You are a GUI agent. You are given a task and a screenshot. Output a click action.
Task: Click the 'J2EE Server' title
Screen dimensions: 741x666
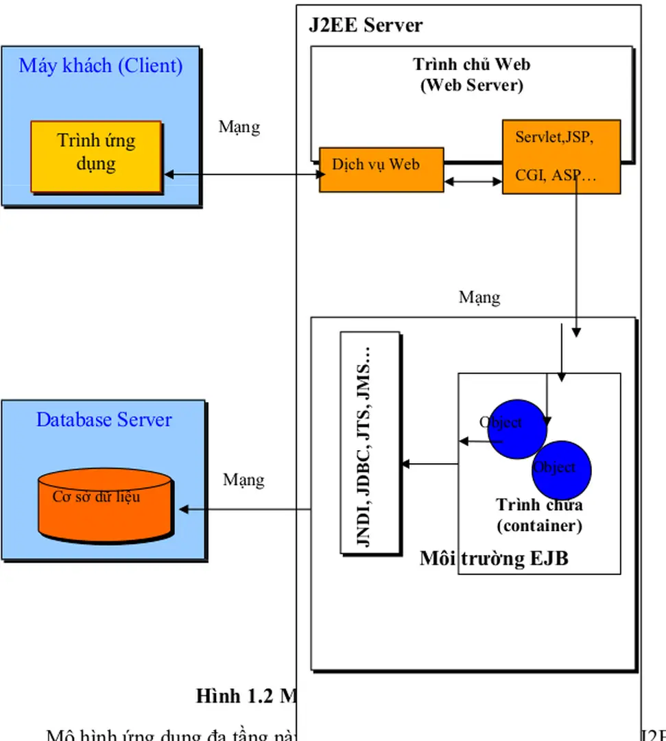[x=366, y=26]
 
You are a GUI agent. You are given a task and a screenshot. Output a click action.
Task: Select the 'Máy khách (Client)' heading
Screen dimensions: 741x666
[x=101, y=66]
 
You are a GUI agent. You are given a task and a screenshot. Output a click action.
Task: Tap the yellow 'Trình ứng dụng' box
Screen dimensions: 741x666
[x=96, y=156]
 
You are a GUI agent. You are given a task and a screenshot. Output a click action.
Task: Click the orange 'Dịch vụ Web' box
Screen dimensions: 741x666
[x=381, y=169]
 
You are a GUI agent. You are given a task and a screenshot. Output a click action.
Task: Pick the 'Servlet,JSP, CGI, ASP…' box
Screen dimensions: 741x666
[x=560, y=156]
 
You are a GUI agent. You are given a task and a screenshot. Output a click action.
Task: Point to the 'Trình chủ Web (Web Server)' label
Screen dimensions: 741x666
[x=471, y=75]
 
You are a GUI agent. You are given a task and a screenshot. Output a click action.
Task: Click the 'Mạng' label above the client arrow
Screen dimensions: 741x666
[x=239, y=127]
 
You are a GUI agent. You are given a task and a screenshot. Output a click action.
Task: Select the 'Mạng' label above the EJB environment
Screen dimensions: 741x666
[x=479, y=297]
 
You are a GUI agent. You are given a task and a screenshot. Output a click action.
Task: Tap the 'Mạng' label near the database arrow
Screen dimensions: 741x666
[x=243, y=480]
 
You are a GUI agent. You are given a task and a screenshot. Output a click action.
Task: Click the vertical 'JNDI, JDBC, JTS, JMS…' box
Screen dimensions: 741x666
[x=370, y=443]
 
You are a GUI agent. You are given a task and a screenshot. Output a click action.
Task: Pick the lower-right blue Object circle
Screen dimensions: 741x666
[x=562, y=470]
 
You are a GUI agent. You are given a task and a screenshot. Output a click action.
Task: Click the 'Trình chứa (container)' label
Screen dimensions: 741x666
[x=540, y=516]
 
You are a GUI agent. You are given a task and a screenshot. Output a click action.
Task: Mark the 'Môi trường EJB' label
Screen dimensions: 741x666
[x=494, y=558]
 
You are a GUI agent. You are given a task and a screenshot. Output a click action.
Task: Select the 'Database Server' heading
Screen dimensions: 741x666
[x=104, y=420]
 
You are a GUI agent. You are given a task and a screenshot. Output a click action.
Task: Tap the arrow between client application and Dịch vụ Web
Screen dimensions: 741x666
[x=243, y=175]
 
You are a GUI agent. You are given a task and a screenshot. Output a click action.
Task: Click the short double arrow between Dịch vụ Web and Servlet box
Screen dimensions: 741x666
[x=473, y=182]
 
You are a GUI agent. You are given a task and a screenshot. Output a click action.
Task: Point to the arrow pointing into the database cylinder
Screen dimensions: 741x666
[x=245, y=510]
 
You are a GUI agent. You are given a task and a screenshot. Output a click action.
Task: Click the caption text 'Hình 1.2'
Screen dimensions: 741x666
[x=236, y=696]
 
